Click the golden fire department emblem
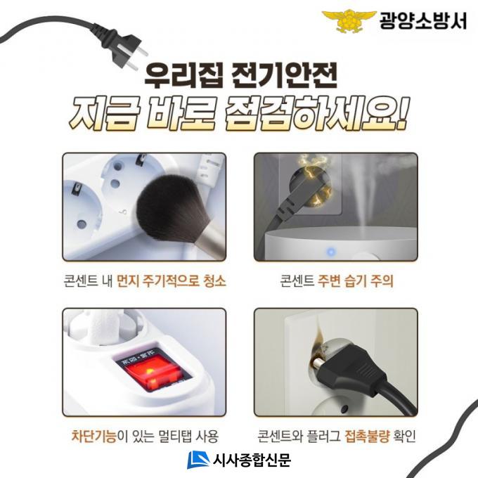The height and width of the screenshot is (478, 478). point(349,20)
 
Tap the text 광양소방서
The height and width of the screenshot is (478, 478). point(423,20)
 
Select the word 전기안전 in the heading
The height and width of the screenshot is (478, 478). point(284,76)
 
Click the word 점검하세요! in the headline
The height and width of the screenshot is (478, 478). point(316,113)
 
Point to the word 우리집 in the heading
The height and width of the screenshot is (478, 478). point(184,76)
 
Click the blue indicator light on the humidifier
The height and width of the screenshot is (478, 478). point(331,252)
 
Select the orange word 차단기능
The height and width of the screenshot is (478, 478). point(94,436)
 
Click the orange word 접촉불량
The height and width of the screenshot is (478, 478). point(368,437)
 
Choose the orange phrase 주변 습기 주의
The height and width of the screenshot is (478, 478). point(356,280)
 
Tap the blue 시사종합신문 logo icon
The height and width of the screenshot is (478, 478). point(198,460)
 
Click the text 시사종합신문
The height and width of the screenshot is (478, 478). point(252,460)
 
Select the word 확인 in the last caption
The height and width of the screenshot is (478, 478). point(404,437)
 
